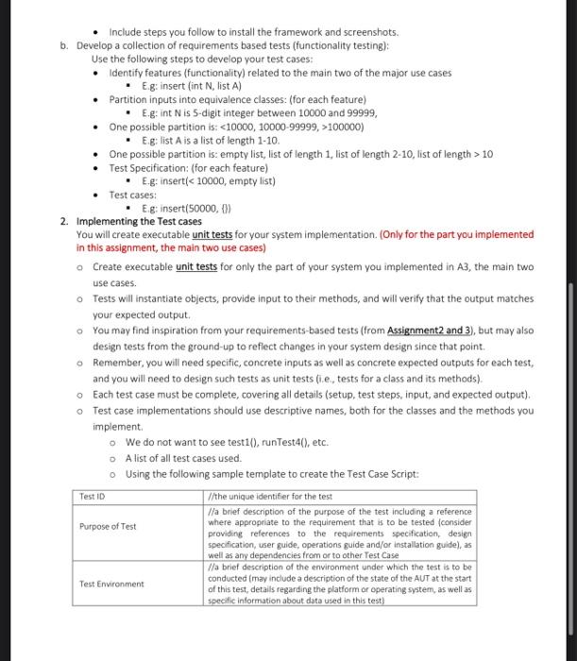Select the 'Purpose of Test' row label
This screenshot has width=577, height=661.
[x=108, y=526]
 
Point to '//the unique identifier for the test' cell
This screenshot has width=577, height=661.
[x=268, y=497]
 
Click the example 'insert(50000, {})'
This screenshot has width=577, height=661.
[x=189, y=208]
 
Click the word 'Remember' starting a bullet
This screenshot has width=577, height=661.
[x=121, y=362]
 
